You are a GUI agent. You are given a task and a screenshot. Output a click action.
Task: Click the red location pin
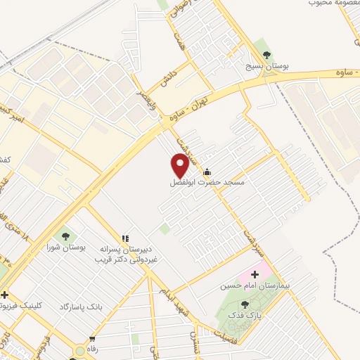[180, 166]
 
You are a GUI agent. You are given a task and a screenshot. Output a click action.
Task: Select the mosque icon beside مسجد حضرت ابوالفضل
[207, 171]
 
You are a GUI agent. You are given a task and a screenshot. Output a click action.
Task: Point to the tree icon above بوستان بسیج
[266, 53]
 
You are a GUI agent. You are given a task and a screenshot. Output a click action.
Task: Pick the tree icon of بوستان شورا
[65, 236]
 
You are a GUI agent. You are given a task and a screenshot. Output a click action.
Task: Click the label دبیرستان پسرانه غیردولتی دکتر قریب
[127, 255]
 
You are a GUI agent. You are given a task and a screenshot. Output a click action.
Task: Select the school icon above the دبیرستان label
[127, 239]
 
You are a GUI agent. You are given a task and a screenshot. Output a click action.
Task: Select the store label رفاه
[91, 348]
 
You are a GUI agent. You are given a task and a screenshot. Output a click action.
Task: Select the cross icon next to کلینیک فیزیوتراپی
[5, 295]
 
